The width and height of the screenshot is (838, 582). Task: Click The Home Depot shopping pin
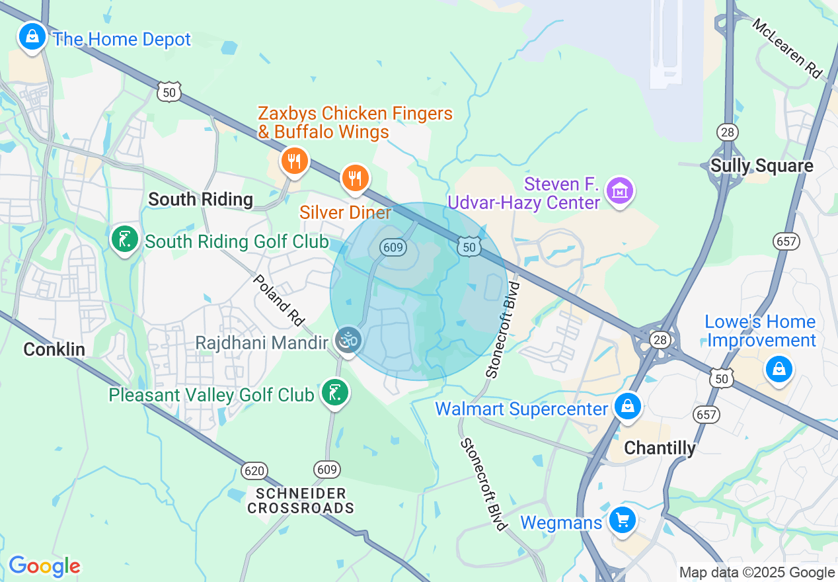click(32, 37)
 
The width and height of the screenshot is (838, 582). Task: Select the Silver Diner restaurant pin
click(355, 178)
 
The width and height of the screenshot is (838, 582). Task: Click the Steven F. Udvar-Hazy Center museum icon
click(620, 191)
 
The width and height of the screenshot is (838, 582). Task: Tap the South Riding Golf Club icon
click(124, 239)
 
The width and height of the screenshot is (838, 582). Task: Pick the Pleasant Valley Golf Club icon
click(334, 393)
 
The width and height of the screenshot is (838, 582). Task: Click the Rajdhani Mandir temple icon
click(348, 341)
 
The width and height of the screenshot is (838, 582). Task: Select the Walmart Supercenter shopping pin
click(628, 406)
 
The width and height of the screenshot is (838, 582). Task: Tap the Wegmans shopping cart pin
click(621, 520)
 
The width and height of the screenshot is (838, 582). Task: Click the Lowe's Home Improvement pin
click(779, 368)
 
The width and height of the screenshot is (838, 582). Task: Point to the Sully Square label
click(761, 166)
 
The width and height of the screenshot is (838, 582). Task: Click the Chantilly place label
click(660, 448)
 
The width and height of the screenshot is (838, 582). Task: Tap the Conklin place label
click(54, 349)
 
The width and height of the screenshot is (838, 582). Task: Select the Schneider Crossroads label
click(301, 501)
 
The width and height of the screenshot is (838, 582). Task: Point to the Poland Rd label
click(278, 301)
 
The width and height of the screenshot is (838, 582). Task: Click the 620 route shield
click(254, 471)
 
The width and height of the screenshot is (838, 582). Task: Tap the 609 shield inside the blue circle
click(392, 247)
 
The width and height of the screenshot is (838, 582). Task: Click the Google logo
click(44, 565)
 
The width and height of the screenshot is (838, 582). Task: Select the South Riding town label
click(200, 199)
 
